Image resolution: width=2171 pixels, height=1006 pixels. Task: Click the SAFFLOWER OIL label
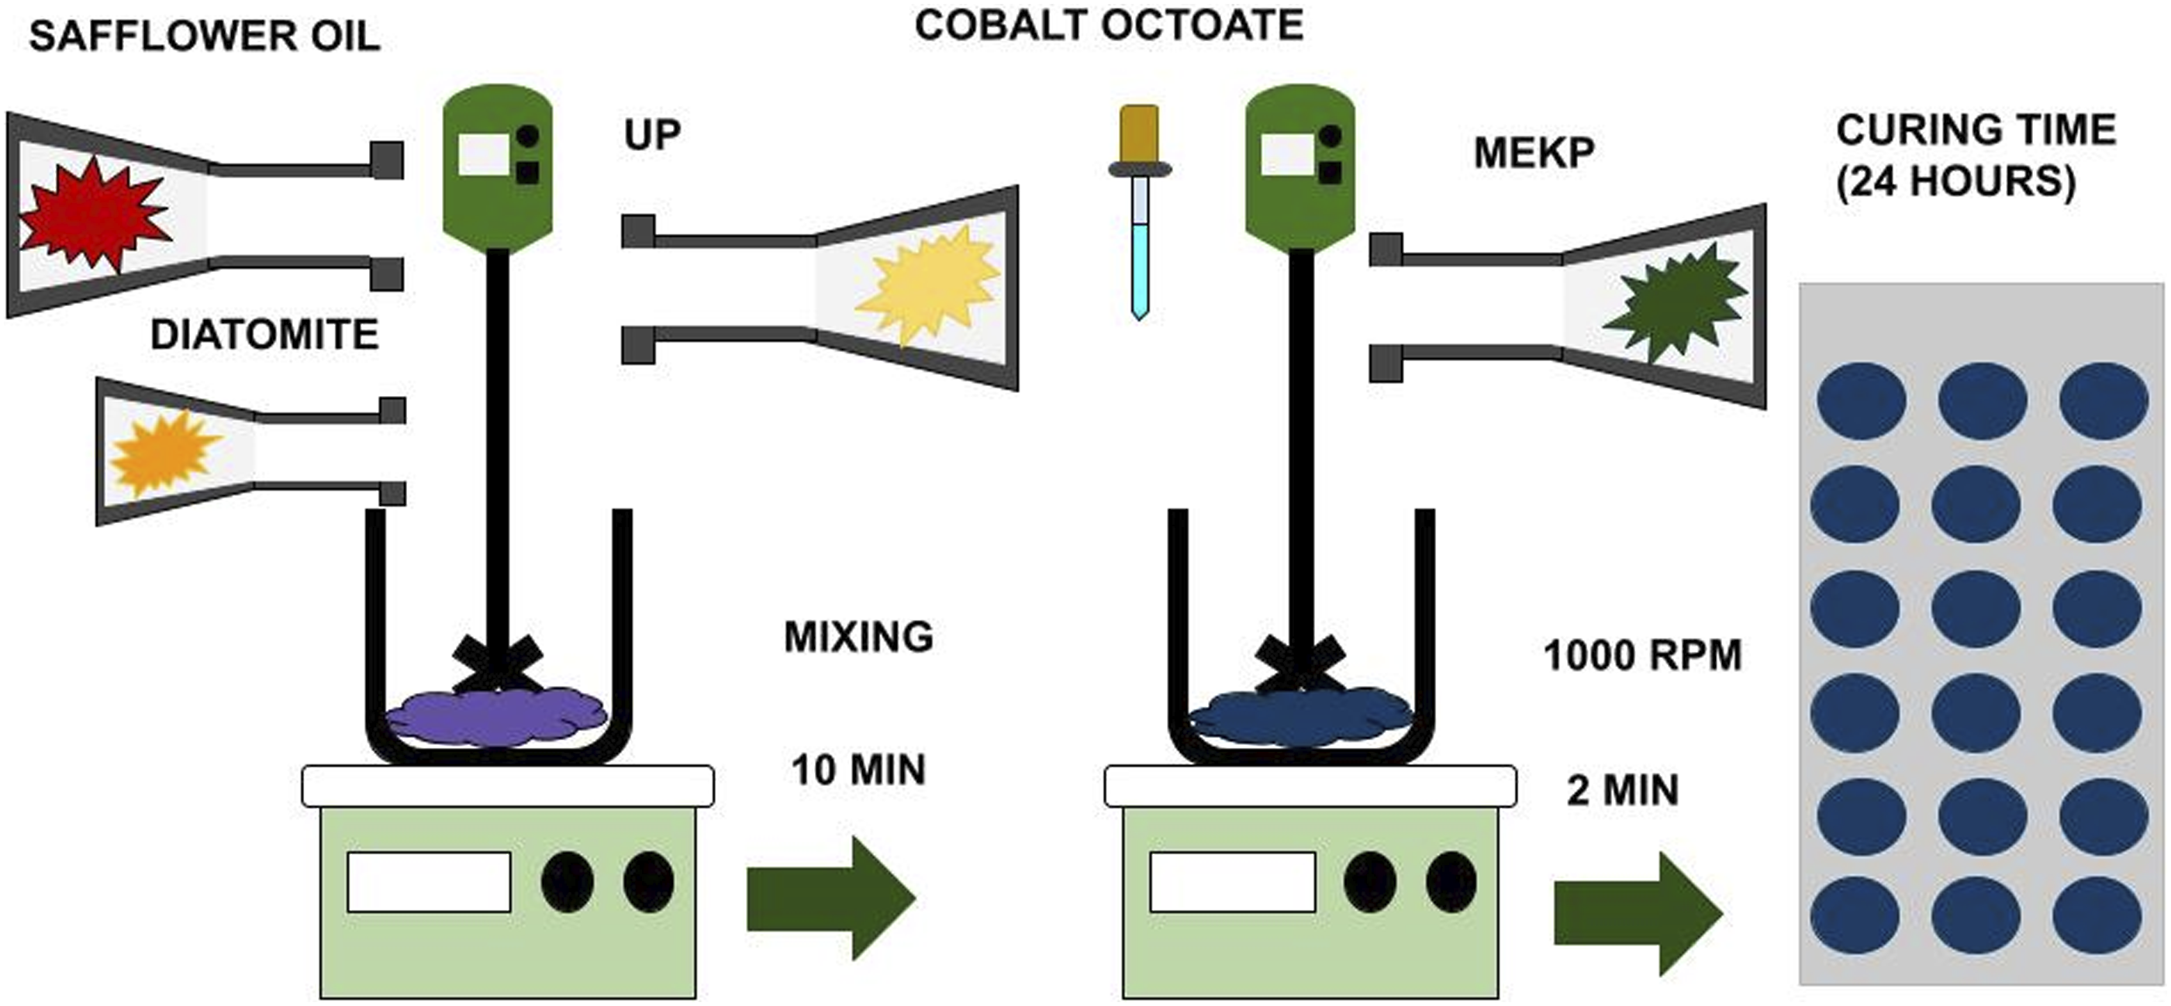(205, 37)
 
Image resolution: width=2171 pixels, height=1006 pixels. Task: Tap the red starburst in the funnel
(95, 215)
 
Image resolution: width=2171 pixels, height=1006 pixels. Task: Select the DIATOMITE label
(264, 335)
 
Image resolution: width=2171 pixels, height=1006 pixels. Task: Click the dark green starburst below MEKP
(1675, 301)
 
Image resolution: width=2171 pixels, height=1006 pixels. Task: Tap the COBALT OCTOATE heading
(1109, 26)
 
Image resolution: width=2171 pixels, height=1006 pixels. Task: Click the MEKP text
(1534, 153)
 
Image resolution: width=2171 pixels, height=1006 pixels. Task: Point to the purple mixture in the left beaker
(496, 718)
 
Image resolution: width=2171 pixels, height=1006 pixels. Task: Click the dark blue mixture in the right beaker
(1300, 718)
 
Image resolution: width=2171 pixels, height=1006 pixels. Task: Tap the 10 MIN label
(858, 770)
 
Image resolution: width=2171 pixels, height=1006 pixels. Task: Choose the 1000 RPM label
(1642, 656)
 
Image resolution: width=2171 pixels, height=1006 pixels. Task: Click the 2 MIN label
(1622, 791)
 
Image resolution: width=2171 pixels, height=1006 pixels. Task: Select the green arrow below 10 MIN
(831, 898)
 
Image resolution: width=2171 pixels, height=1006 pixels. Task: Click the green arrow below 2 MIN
(1638, 913)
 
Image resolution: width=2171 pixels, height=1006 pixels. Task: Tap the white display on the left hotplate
(429, 882)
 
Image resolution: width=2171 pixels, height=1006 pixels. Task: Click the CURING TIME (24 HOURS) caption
(1976, 157)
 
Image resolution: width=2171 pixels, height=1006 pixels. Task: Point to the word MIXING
(859, 637)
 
